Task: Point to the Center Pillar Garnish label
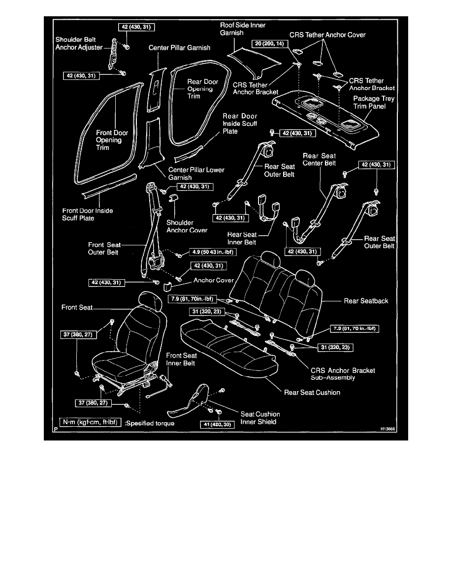point(179,48)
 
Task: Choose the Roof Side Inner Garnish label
point(242,28)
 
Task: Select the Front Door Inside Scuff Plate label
point(88,215)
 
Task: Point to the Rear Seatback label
point(367,300)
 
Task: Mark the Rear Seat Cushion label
point(312,393)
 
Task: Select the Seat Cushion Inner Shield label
point(260,418)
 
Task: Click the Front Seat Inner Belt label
point(181,359)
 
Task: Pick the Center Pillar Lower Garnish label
point(196,174)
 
